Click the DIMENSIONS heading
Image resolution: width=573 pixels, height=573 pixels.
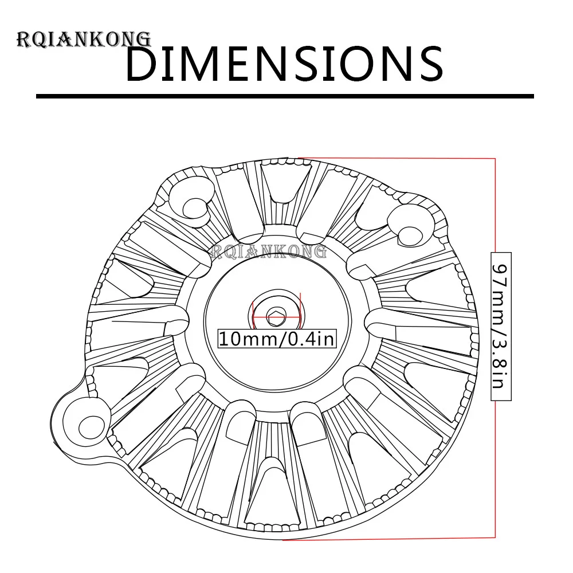click(x=284, y=64)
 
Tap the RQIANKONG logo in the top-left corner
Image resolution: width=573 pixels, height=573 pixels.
click(x=84, y=40)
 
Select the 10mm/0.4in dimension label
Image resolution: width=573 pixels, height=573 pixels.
click(x=277, y=339)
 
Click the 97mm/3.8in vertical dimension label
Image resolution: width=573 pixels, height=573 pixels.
click(x=501, y=327)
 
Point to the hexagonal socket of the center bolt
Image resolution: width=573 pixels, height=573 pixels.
click(x=276, y=317)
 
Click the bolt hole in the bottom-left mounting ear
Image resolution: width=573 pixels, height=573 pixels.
click(x=87, y=426)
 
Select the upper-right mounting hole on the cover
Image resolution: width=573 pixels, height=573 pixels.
click(x=409, y=236)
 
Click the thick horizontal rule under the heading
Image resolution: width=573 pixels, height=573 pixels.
click(x=285, y=96)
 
